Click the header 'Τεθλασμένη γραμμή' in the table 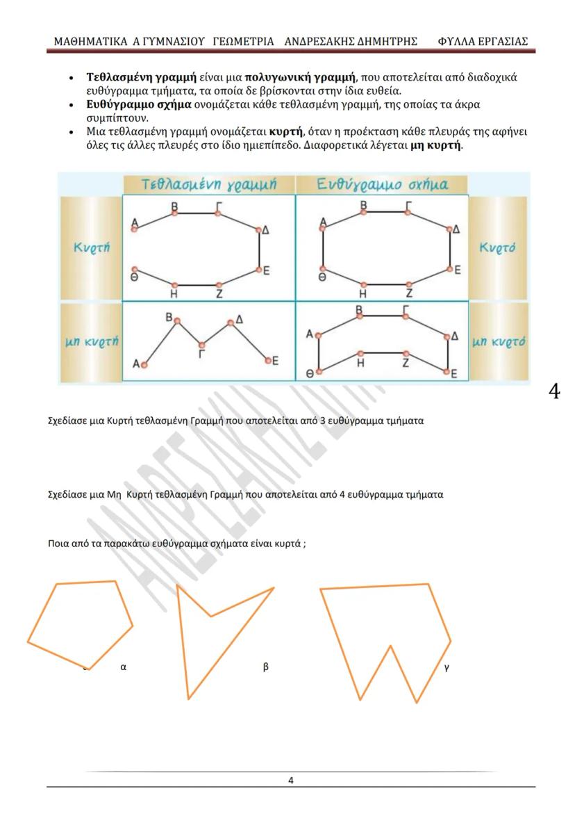[208, 185]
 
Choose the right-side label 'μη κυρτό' [498, 341]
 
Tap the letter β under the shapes [265, 666]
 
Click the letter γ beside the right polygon [447, 666]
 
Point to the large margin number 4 [553, 391]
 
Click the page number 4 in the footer [291, 780]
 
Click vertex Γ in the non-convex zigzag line [201, 345]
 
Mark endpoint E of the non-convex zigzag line [268, 359]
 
